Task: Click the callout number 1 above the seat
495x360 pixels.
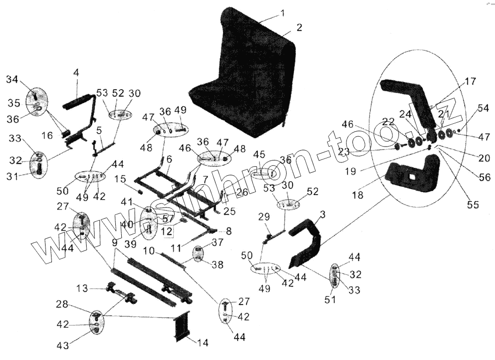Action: click(282, 13)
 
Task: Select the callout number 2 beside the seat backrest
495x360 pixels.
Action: click(299, 28)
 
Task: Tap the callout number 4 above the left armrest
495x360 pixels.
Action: click(76, 73)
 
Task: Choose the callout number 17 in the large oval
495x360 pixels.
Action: click(470, 82)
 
